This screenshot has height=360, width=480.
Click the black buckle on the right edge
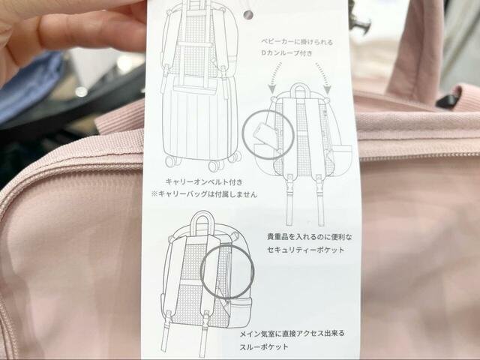click(x=448, y=98)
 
